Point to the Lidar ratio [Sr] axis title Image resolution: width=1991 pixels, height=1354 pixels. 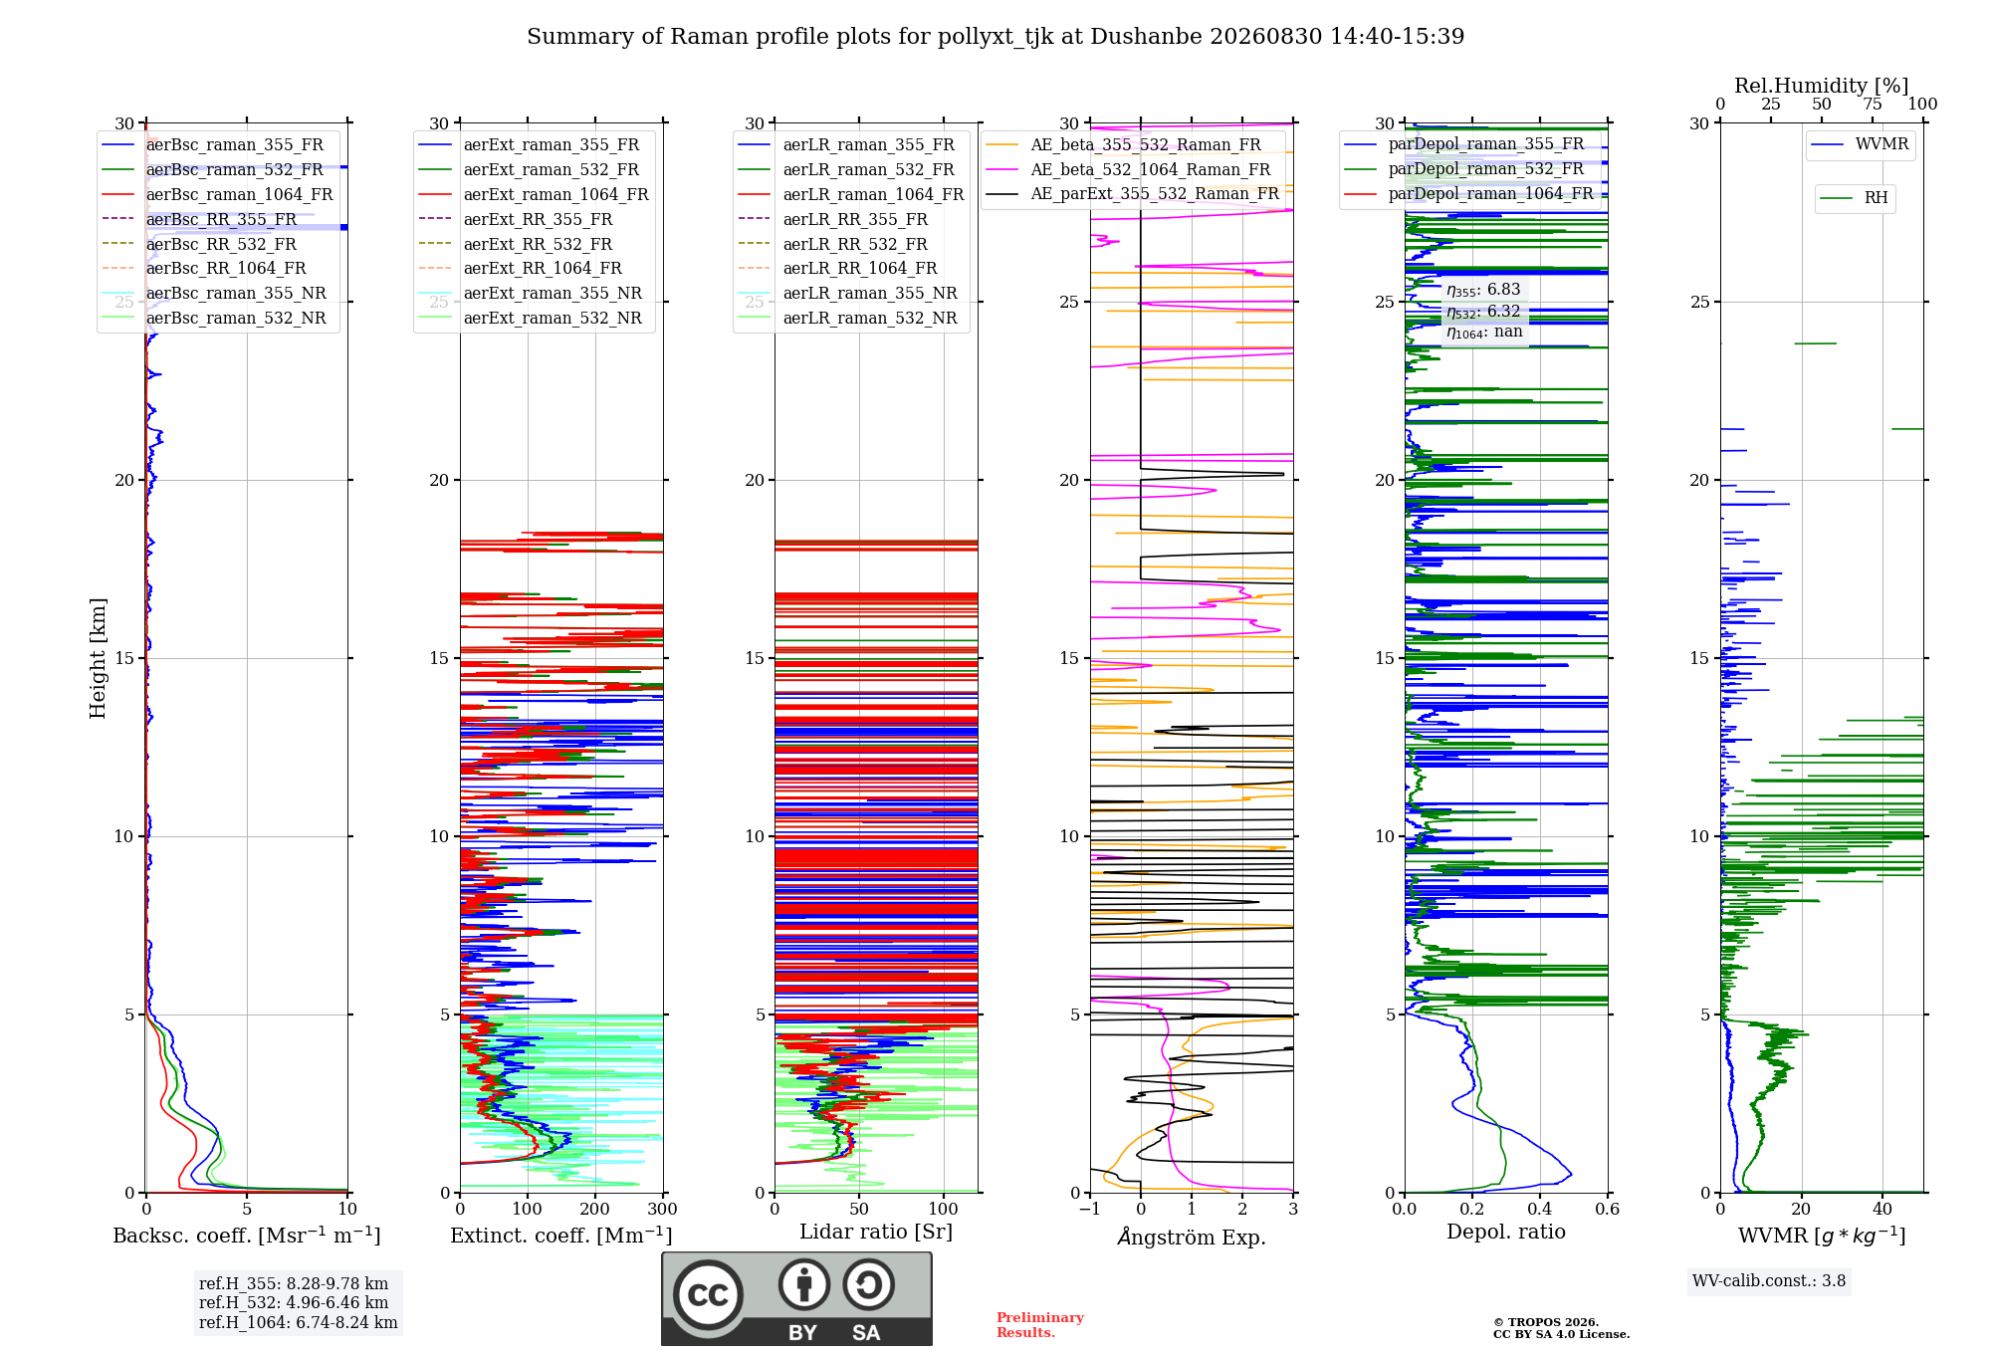click(876, 1232)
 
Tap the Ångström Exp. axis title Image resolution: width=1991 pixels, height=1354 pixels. click(1192, 1236)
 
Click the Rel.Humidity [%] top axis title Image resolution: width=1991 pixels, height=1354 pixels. click(1822, 86)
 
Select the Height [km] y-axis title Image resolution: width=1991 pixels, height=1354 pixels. click(98, 658)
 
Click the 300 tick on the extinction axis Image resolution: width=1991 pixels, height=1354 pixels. click(662, 1209)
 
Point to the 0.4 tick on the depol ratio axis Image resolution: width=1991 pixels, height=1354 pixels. click(1540, 1209)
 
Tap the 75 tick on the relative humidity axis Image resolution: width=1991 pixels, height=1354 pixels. click(1873, 104)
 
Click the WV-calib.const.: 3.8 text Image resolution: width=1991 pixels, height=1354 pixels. click(1769, 1280)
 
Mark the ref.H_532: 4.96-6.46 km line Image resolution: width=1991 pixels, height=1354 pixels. click(294, 1302)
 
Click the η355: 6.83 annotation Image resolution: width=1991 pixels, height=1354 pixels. click(1483, 290)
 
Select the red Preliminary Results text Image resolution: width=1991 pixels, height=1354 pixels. click(1040, 1324)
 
